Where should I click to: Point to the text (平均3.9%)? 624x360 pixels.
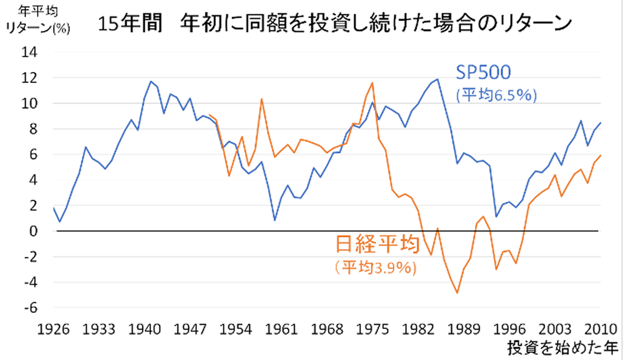point(375,267)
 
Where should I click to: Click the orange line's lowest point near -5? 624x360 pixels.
point(457,293)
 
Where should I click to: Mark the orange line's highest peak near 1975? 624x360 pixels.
point(372,82)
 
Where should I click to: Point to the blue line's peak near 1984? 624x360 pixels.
point(437,79)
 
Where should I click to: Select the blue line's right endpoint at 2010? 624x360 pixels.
point(600,123)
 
